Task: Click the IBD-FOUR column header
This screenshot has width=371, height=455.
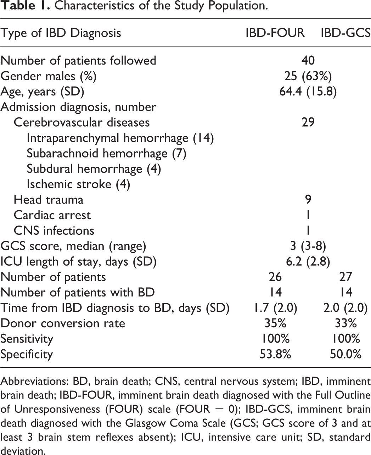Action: pos(275,33)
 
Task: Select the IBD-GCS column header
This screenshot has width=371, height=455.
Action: pos(345,33)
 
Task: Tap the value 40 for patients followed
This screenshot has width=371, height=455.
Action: pos(308,60)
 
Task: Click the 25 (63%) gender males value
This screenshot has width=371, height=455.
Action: pos(308,76)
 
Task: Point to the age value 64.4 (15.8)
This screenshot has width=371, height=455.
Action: pos(308,91)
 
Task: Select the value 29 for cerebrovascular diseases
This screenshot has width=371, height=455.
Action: pos(308,122)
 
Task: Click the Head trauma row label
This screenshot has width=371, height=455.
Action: pos(49,200)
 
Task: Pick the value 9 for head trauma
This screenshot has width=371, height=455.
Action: pos(308,200)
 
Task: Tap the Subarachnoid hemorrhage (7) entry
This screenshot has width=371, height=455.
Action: pos(107,154)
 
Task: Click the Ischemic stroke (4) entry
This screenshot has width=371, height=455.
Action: pos(78,184)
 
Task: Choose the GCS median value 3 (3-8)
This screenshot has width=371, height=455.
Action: pos(308,246)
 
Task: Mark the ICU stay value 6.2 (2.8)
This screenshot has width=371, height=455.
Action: pos(308,262)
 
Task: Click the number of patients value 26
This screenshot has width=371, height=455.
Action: pos(275,277)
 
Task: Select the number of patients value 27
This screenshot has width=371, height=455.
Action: pos(345,277)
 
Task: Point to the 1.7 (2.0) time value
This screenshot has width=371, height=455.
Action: pos(275,308)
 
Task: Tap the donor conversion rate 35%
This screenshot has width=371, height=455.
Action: pos(275,323)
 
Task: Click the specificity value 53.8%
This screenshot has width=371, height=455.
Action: pos(275,354)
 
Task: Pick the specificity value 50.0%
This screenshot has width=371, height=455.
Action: pos(345,354)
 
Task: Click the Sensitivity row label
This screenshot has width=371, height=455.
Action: pos(27,339)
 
